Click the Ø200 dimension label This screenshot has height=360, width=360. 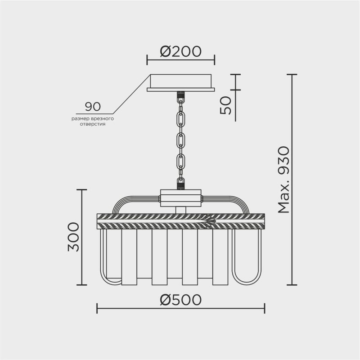tap(180, 52)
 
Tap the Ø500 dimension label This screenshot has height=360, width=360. tap(180, 300)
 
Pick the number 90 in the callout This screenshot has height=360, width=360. tap(93, 107)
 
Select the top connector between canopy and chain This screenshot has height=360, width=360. tap(181, 96)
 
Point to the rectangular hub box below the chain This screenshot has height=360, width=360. tap(181, 198)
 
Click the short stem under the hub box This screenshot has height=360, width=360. tap(181, 209)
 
